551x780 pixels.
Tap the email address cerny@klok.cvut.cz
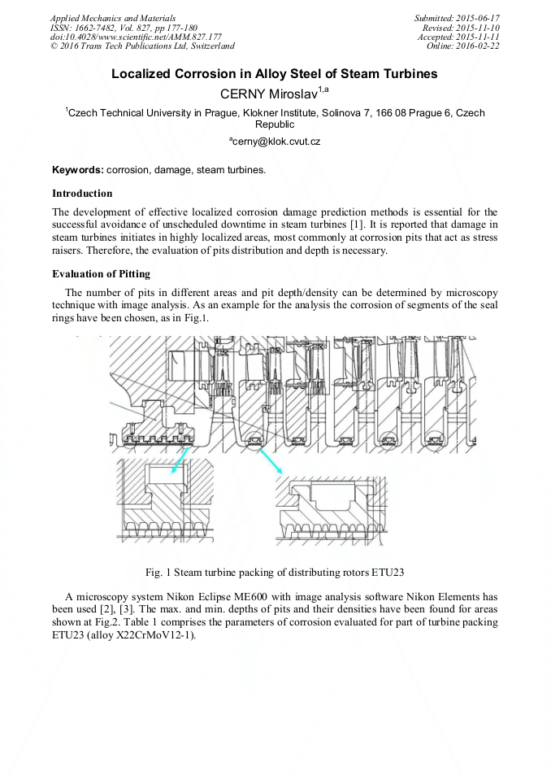[275, 141]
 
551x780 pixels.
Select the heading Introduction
[82, 194]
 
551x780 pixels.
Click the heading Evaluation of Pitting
[101, 273]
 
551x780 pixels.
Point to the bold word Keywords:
[78, 170]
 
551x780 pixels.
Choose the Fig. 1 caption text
[275, 571]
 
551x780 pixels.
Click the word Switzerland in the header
[209, 46]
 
